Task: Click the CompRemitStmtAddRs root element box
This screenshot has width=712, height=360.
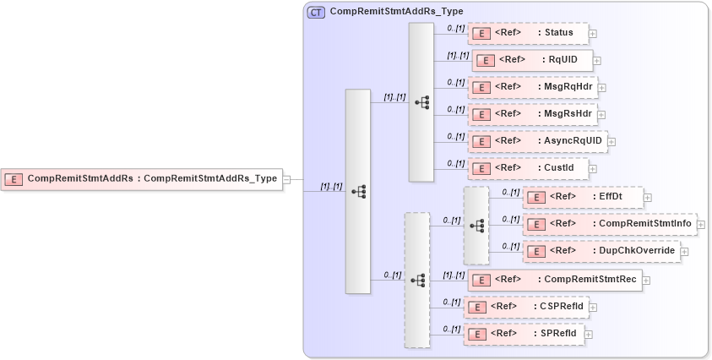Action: (141, 179)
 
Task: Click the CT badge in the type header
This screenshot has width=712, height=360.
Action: (316, 13)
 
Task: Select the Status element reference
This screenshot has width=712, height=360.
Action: (527, 33)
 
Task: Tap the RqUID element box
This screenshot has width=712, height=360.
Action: (531, 60)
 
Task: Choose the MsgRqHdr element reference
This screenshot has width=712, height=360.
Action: (531, 87)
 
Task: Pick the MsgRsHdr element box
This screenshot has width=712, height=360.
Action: (531, 114)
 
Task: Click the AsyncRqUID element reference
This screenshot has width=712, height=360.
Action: (536, 141)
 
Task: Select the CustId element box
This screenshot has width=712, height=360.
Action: (527, 168)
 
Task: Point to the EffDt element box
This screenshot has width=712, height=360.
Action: (583, 198)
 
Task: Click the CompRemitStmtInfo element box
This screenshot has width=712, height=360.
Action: (610, 224)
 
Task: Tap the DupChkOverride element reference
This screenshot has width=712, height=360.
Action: (601, 251)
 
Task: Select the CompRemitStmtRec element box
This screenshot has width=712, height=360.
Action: (554, 279)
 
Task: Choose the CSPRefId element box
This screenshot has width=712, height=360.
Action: (525, 306)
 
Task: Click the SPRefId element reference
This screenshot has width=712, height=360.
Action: (523, 333)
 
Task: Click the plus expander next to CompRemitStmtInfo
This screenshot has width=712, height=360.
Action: (701, 225)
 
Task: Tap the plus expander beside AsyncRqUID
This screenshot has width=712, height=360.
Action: (611, 142)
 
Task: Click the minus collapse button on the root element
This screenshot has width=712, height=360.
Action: (287, 179)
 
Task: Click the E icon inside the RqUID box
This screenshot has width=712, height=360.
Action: (485, 61)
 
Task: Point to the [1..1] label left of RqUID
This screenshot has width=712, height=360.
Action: (457, 55)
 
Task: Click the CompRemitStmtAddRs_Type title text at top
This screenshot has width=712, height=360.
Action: (384, 12)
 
